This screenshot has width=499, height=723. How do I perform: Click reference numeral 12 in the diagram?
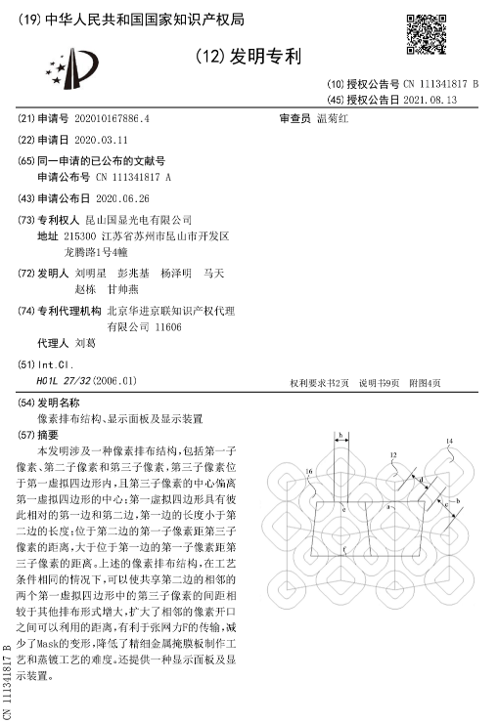tap(393, 455)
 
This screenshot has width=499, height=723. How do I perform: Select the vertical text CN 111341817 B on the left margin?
tap(9, 674)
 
